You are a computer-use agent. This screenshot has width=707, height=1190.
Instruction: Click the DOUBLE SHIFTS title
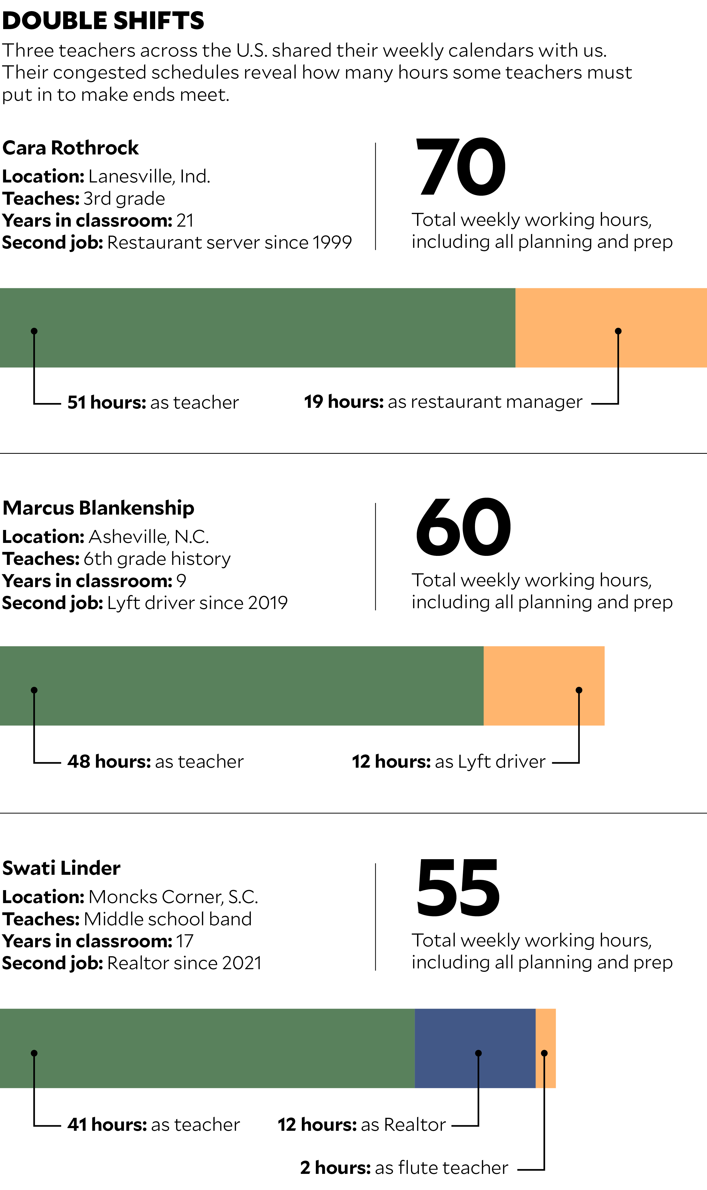coord(103,21)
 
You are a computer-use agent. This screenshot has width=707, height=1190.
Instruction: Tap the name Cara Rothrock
coord(71,148)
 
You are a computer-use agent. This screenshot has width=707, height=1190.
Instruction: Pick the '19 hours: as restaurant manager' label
coord(443,402)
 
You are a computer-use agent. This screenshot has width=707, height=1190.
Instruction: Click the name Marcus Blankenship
coord(98,508)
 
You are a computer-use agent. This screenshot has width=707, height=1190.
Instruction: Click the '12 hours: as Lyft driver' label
coord(448,762)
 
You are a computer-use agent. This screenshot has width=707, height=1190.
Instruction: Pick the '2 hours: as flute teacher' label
coord(404,1168)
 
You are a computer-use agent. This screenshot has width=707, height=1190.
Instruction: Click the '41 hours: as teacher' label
coord(153,1125)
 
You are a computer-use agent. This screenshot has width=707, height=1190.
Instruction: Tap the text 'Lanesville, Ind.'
coord(149,176)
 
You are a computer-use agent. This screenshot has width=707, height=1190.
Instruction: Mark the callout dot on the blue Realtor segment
coord(478,1053)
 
